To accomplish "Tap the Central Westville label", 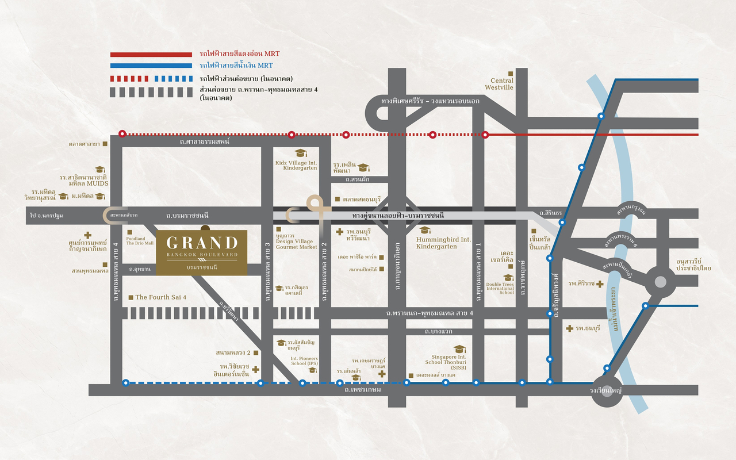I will point(499,85).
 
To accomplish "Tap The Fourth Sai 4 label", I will point(161,297).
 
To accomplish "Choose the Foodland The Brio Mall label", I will point(140,240).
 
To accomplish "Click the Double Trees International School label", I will point(500,288).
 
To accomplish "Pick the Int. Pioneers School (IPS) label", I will point(304,361).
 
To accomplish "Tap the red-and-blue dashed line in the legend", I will point(151,78).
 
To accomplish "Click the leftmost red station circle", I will point(122,134).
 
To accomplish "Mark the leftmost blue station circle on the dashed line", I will point(126,382).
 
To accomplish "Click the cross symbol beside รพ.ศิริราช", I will point(600,284).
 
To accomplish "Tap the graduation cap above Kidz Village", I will point(300,152).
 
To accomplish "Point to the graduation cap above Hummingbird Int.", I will point(425,230).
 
